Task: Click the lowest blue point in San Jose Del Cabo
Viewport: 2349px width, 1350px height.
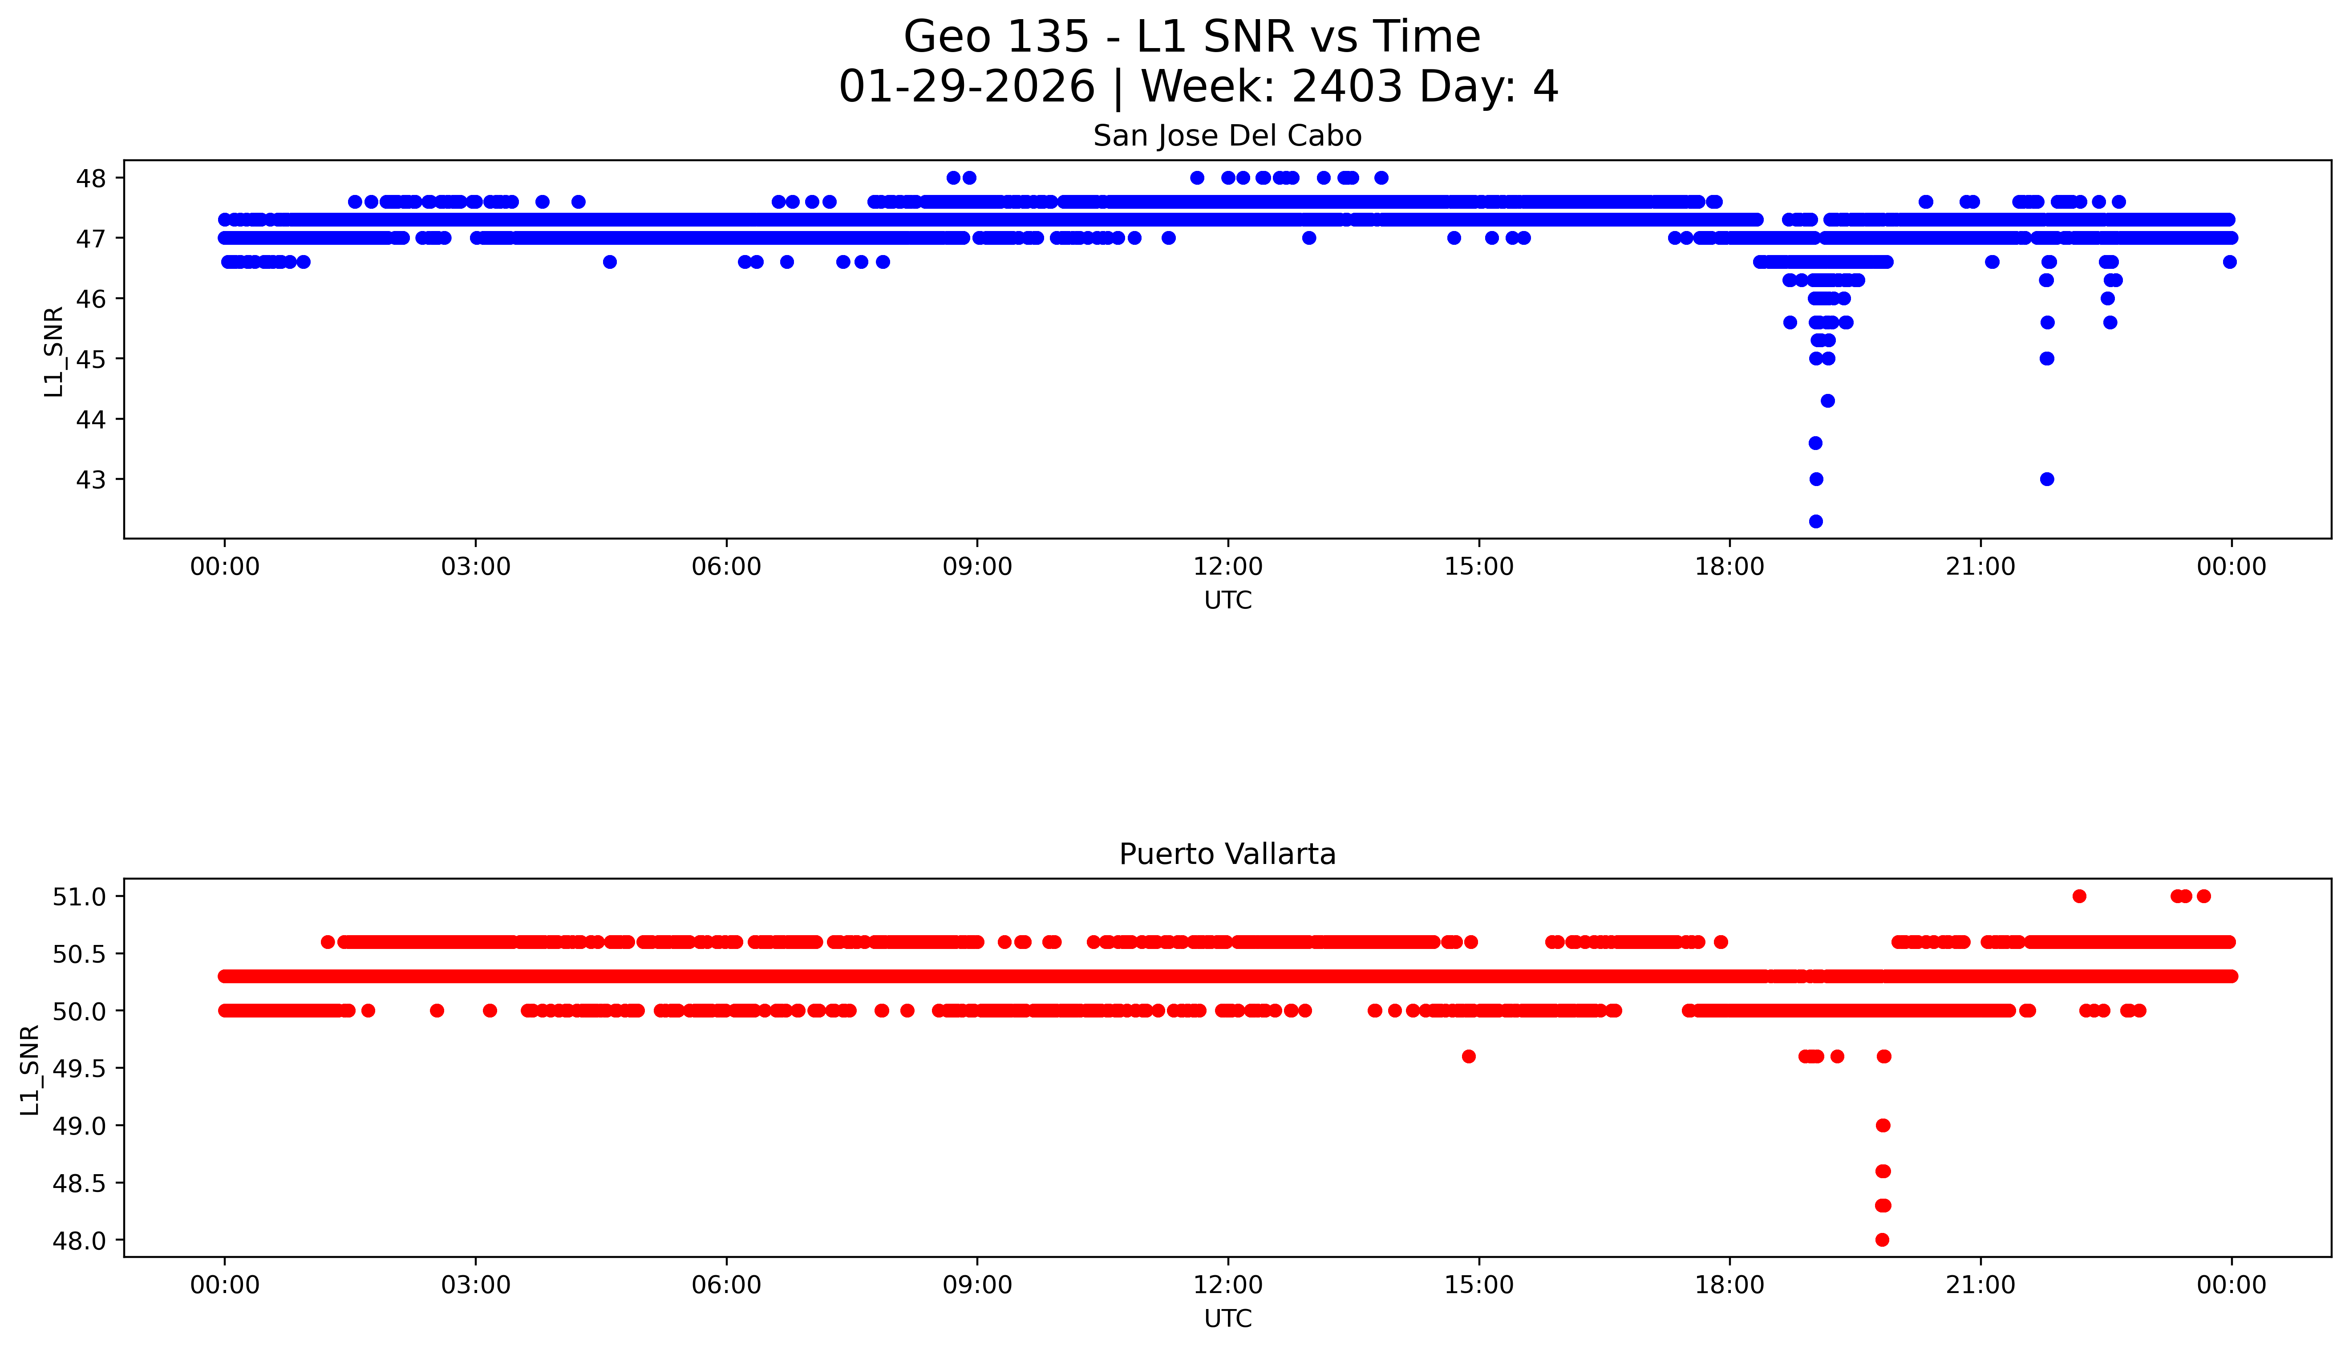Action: point(1816,521)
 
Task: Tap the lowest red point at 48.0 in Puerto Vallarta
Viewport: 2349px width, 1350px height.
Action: point(1882,1240)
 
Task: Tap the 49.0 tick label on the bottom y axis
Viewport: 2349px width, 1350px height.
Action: point(81,1126)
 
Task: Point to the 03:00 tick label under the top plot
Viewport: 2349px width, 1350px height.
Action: point(476,567)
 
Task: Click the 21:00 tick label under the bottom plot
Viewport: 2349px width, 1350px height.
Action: point(1980,1285)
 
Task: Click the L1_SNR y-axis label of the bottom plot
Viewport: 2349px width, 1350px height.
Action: point(31,1069)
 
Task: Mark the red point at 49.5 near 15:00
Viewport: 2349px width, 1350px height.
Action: point(1468,1056)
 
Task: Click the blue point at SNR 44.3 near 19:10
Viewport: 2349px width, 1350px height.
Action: point(1828,401)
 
